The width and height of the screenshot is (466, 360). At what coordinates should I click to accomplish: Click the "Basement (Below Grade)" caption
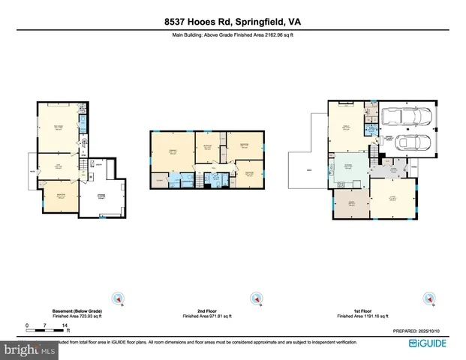coord(77,310)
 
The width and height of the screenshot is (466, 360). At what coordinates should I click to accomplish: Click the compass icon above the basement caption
coord(116,298)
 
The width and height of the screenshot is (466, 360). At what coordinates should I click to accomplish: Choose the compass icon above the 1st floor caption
coord(429,298)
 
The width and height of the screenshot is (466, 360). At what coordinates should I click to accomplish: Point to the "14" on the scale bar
coord(67,325)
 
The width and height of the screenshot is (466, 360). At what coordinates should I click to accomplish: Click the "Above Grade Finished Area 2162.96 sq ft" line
coord(233,34)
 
